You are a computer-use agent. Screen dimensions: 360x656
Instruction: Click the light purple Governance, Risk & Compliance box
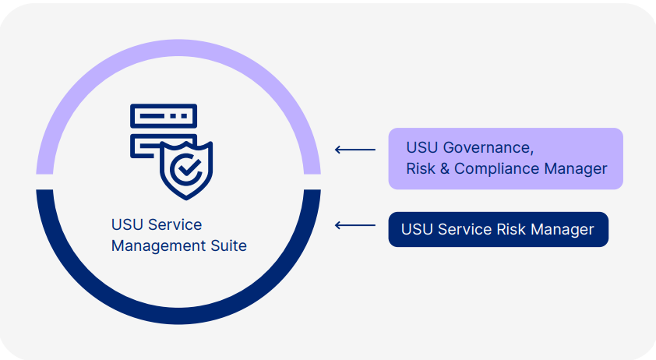(x=506, y=158)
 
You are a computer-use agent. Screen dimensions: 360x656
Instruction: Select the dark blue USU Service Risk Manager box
(x=498, y=230)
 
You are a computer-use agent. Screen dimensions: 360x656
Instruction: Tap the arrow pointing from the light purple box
(x=354, y=149)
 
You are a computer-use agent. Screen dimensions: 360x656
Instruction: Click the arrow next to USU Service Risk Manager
(x=354, y=225)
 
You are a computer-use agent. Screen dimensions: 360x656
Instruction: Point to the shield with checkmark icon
(x=186, y=170)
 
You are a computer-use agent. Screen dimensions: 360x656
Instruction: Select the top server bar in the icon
(x=164, y=116)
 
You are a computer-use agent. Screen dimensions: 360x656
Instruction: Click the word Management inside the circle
(x=157, y=246)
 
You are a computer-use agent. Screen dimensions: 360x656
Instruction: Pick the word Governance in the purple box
(x=488, y=147)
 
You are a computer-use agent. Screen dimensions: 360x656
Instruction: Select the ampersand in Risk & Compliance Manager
(x=445, y=168)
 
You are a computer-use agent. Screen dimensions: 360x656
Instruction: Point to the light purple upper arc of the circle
(x=178, y=49)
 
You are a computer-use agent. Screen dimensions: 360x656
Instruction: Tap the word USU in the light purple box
(x=421, y=147)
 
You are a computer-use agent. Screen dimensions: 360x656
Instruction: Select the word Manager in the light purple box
(x=580, y=168)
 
